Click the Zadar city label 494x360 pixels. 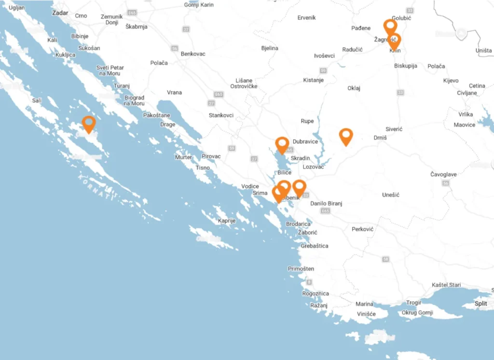[60, 13]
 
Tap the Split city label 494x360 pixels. [480, 304]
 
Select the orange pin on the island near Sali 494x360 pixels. [89, 124]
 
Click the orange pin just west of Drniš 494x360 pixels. [346, 136]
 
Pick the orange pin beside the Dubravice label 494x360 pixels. [282, 144]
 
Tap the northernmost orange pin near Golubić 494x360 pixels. [390, 26]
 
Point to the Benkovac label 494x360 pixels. [193, 54]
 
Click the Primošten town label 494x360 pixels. [301, 269]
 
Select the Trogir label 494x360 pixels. [414, 303]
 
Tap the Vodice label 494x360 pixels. [250, 186]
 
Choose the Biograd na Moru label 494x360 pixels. [134, 100]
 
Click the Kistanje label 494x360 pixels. [313, 80]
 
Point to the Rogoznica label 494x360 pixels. [316, 293]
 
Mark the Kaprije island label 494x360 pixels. [226, 221]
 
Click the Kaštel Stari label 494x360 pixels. [446, 285]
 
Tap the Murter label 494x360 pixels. [183, 157]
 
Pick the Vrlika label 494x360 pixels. [466, 114]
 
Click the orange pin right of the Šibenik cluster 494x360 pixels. [299, 188]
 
